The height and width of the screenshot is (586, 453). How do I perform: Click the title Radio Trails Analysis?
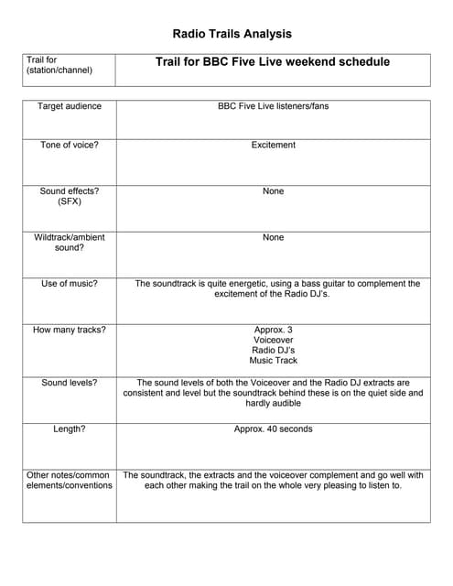(232, 34)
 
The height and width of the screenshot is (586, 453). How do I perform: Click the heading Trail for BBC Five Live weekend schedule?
(273, 62)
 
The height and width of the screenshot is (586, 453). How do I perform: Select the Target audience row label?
(70, 106)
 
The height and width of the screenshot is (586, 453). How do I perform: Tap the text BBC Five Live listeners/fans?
(273, 106)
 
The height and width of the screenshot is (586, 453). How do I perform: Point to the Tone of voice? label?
(70, 145)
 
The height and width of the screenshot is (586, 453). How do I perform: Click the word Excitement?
(273, 145)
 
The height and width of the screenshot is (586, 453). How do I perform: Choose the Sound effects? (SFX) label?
(70, 196)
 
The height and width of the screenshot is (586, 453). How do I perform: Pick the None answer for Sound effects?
(273, 191)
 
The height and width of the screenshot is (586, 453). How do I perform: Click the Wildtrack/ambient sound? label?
(70, 242)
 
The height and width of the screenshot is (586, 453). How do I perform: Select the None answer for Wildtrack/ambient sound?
(273, 237)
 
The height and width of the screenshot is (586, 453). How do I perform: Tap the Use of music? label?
(70, 284)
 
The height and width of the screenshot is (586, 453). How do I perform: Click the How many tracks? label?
(70, 330)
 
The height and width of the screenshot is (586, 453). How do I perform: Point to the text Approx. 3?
(273, 330)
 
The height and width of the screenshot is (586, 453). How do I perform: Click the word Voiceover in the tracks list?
(273, 340)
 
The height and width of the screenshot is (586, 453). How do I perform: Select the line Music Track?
(273, 361)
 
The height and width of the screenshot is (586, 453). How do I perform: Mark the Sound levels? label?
(70, 383)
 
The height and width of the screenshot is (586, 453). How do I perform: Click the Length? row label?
(70, 429)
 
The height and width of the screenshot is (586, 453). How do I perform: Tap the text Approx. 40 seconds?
(273, 429)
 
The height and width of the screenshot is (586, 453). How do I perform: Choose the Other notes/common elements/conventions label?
(70, 480)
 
